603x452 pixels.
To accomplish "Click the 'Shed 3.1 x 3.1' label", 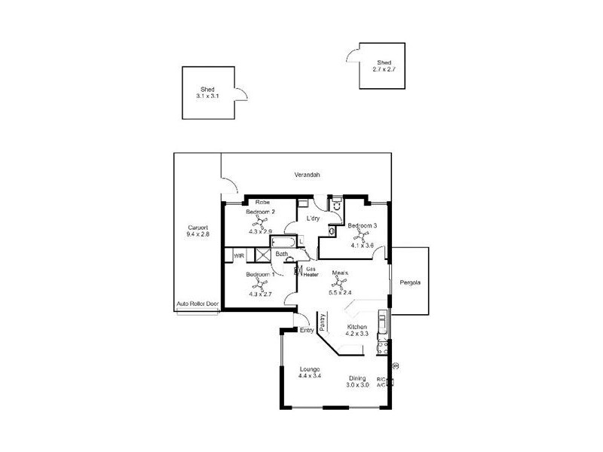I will (x=207, y=92).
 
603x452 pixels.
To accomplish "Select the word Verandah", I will (x=307, y=175).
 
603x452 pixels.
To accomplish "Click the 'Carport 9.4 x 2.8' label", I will (x=197, y=231).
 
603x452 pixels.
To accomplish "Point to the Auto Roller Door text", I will (x=197, y=304).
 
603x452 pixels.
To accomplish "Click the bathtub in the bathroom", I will (x=283, y=242).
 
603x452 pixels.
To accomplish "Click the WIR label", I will (x=239, y=256).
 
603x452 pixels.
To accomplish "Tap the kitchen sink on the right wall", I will (x=382, y=323).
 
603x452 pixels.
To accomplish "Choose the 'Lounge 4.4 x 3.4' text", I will (x=310, y=372).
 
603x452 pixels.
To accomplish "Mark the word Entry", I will (x=306, y=330).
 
